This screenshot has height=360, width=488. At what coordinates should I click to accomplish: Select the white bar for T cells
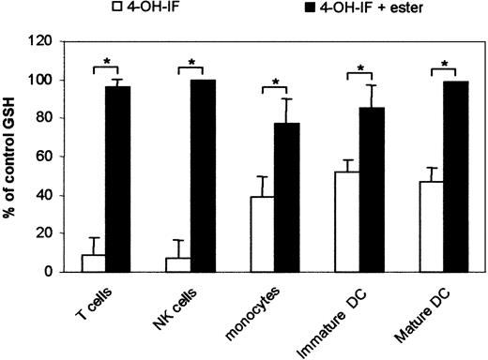pos(94,263)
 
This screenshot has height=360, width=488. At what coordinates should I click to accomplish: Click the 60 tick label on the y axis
pos(47,157)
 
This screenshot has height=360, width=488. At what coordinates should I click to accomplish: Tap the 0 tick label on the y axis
pos(51,273)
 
